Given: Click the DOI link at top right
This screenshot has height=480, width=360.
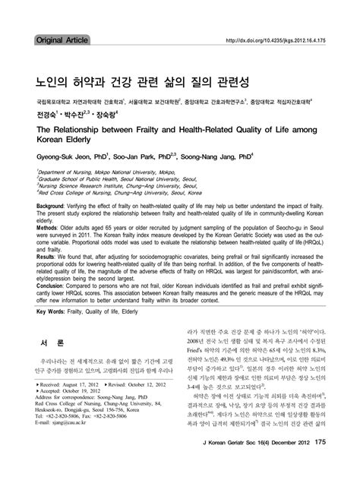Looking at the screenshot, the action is pos(281,40).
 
